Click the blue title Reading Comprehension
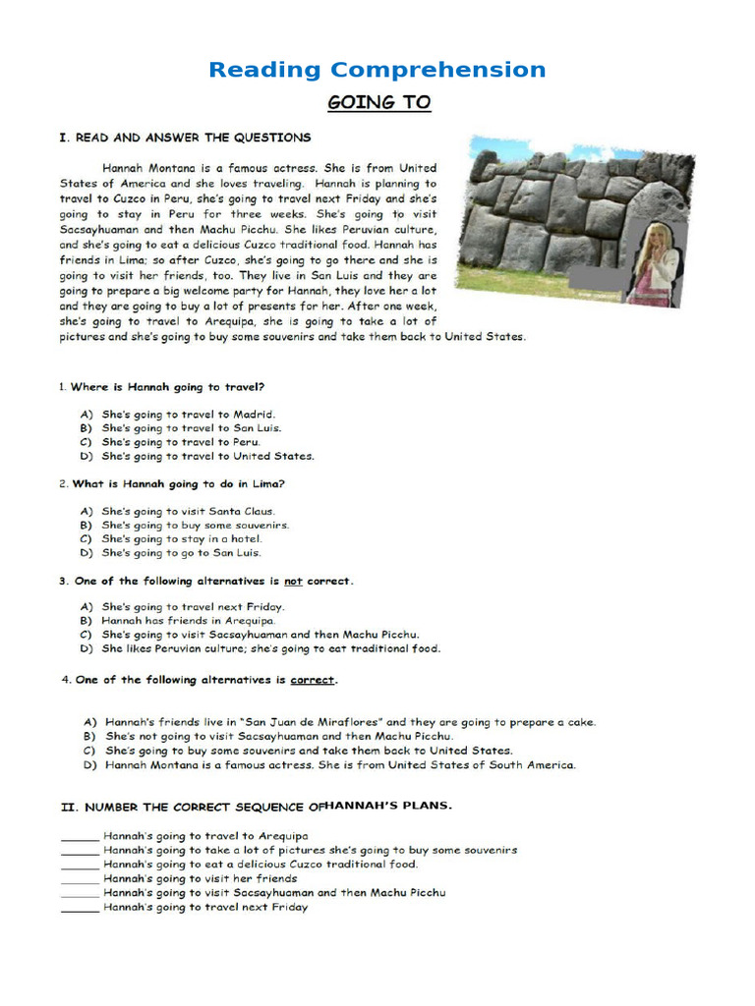pos(377,70)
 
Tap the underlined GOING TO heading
pos(378,102)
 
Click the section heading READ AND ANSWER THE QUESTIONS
pos(185,138)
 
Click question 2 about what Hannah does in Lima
pos(172,483)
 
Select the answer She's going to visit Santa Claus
pos(189,511)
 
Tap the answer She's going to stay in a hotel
pos(182,538)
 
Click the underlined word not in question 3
pos(293,581)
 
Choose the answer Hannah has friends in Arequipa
pos(189,621)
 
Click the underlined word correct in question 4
pos(313,680)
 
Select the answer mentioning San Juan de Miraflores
pos(350,722)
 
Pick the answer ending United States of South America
pos(340,764)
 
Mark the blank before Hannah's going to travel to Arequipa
pos(80,837)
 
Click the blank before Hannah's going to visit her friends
pos(80,879)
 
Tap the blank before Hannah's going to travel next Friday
pos(80,908)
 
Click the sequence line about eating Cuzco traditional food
pos(261,865)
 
